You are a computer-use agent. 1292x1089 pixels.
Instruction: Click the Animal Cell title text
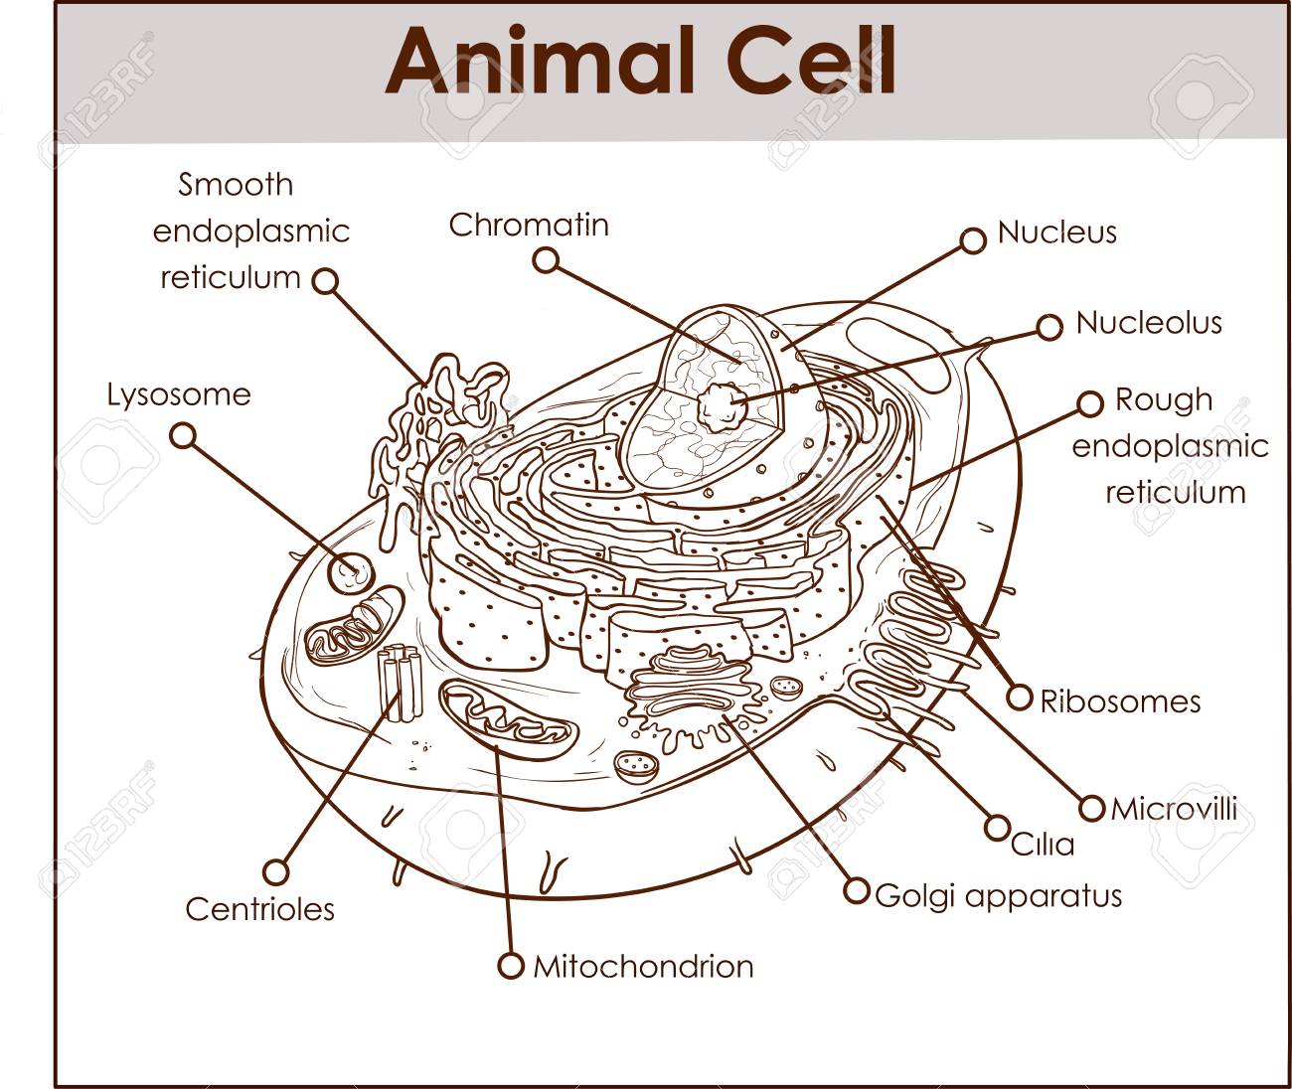640,60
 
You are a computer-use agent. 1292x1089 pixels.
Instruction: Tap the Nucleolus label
1149,322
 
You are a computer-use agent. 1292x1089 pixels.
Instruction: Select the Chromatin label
529,225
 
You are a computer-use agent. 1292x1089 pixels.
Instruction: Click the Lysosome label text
179,395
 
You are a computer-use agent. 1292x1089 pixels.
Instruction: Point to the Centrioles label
259,909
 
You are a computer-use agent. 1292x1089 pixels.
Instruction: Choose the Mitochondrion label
644,967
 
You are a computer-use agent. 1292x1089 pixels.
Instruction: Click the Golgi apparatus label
998,896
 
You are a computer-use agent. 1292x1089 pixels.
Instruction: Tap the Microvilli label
1174,809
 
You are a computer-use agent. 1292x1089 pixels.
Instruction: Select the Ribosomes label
1120,701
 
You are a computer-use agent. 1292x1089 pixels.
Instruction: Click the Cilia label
1043,845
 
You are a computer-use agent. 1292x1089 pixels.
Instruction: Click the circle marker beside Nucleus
973,240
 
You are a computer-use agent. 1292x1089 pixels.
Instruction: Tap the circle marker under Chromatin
546,260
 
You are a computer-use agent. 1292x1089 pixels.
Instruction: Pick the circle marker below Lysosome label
183,436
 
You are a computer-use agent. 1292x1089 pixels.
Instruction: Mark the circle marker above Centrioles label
276,871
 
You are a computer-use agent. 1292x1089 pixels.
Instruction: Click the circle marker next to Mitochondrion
511,965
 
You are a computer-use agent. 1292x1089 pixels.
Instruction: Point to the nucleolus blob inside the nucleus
721,407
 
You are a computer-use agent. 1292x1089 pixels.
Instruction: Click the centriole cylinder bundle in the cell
401,683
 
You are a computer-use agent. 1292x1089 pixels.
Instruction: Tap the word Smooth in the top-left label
236,185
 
